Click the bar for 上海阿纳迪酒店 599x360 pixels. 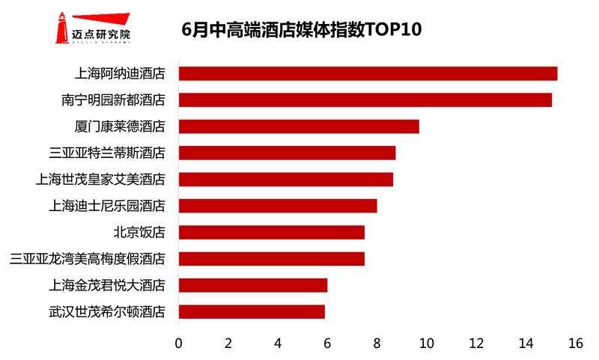tap(368, 73)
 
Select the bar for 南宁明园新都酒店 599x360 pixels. tap(365, 100)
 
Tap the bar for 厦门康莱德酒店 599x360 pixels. tap(299, 126)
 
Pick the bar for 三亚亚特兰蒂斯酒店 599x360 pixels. tap(287, 153)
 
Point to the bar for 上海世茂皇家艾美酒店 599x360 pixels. tap(285, 180)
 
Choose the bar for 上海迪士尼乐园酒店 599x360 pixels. tap(277, 206)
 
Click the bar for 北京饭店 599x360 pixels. tap(271, 232)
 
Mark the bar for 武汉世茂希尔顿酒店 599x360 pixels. tap(252, 311)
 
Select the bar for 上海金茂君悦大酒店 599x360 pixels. tap(252, 285)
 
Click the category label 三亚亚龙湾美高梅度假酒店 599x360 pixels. tap(88, 259)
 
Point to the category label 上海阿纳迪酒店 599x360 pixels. tap(120, 73)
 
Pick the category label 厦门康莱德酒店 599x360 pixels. tap(120, 126)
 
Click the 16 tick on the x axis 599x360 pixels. tap(575, 344)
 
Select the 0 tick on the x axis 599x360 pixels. tap(178, 344)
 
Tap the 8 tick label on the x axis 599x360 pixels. tap(377, 344)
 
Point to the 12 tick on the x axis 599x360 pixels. tap(476, 344)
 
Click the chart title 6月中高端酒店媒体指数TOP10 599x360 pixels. tap(302, 30)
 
